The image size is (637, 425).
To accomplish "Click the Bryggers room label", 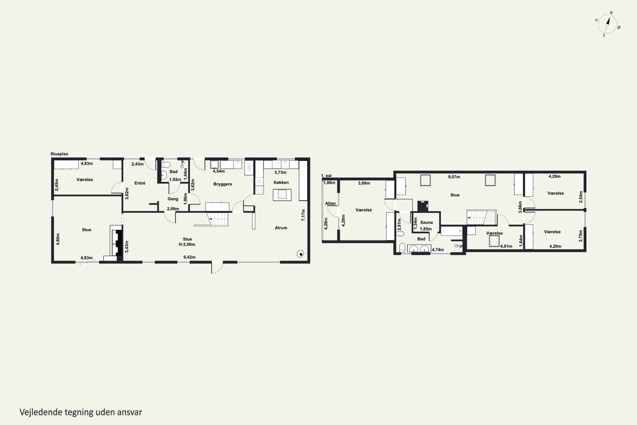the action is pyautogui.click(x=222, y=184).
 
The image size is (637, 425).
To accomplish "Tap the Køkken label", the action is pyautogui.click(x=281, y=182).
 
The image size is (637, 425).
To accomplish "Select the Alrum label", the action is pyautogui.click(x=281, y=228).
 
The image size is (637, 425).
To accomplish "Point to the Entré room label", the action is pyautogui.click(x=140, y=183).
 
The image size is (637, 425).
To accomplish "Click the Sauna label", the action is pyautogui.click(x=426, y=222).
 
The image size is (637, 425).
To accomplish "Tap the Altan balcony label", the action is pyautogui.click(x=330, y=203).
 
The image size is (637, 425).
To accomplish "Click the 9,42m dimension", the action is pyautogui.click(x=189, y=257).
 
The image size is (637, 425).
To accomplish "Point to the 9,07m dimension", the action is pyautogui.click(x=454, y=177).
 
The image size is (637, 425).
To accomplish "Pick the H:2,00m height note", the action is pyautogui.click(x=187, y=244).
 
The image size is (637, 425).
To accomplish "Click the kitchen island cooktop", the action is pyautogui.click(x=282, y=194).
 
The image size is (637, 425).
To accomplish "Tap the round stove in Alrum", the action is pyautogui.click(x=300, y=254).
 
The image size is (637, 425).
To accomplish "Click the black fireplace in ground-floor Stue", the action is pyautogui.click(x=118, y=242).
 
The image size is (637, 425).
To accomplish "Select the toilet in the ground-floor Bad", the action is pyautogui.click(x=165, y=164).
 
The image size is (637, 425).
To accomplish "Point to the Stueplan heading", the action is pyautogui.click(x=59, y=154).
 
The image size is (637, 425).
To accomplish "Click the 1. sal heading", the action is pyautogui.click(x=326, y=176).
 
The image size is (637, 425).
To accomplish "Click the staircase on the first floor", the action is pyautogui.click(x=477, y=217).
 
